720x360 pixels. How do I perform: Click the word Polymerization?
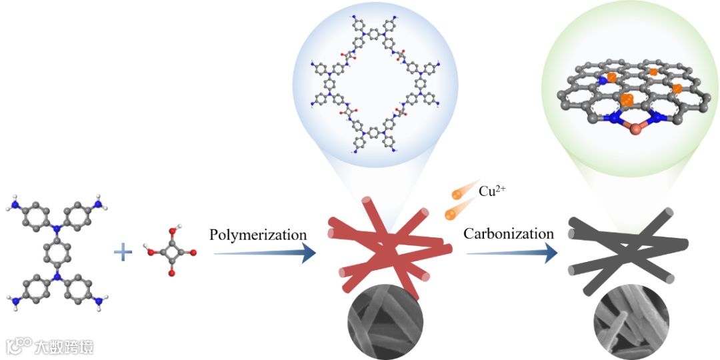coord(258,235)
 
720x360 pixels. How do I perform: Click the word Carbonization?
coord(509,233)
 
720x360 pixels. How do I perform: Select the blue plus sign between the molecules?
coord(123,252)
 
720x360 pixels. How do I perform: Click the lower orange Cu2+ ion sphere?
coord(450,214)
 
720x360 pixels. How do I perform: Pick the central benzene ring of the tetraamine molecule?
coord(57,252)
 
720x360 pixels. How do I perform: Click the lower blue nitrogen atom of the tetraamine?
coord(57,275)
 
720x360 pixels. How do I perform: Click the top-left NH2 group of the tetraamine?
coord(15,201)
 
